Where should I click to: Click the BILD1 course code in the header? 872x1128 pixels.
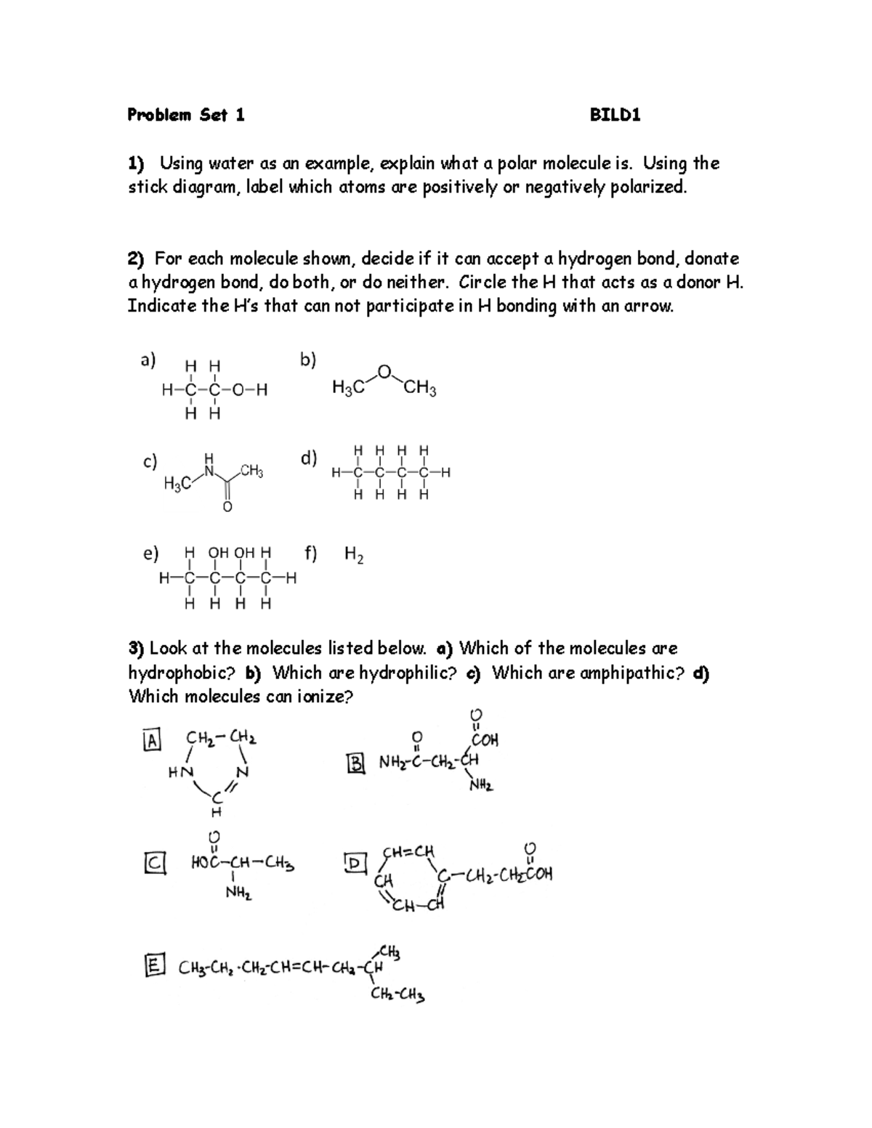pos(615,115)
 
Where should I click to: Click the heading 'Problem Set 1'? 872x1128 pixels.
pos(185,115)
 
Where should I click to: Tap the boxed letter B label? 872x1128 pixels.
pos(356,763)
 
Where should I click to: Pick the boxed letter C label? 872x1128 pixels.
pos(155,863)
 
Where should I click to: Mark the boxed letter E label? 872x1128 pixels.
pos(153,965)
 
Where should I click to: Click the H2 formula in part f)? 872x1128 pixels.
pos(354,556)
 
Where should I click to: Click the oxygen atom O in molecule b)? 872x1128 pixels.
pos(384,372)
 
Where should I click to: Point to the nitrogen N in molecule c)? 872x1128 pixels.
pos(210,471)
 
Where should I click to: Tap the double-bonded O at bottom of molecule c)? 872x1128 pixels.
pos(227,507)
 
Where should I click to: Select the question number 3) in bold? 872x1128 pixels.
pos(137,648)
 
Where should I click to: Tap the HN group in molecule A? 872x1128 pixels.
pos(179,774)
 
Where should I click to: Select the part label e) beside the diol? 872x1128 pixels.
pos(150,554)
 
